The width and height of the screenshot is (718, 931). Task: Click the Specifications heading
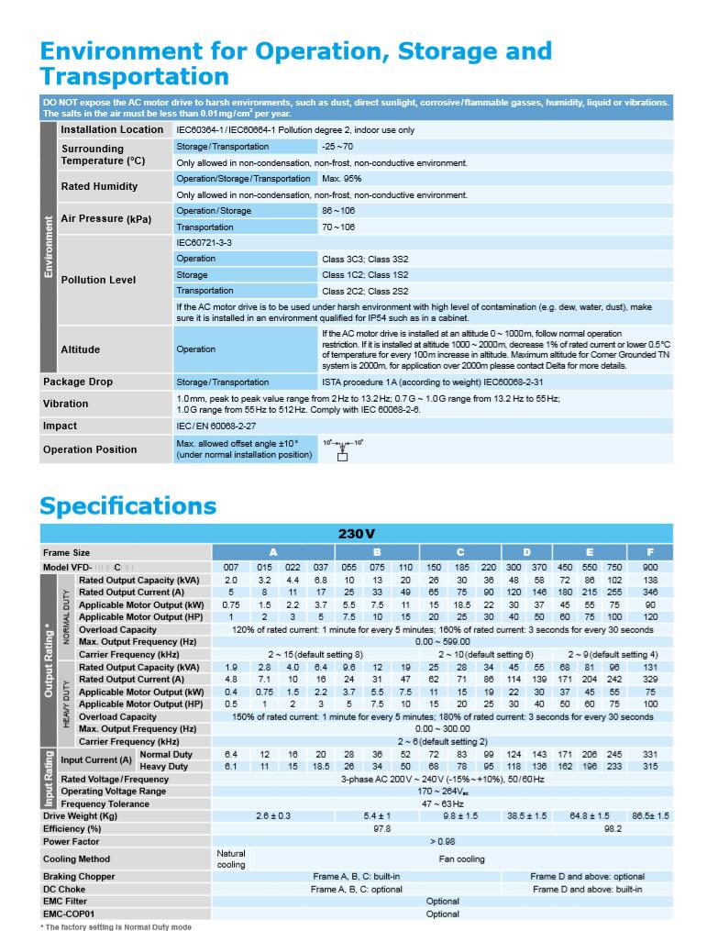(x=127, y=505)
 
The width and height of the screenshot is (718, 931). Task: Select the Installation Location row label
(x=112, y=130)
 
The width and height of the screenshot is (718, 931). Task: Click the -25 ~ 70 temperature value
(x=337, y=147)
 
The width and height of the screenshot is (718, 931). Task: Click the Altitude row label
(x=80, y=349)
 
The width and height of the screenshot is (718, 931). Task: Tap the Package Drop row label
(x=78, y=382)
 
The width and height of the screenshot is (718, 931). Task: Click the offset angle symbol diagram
(x=343, y=449)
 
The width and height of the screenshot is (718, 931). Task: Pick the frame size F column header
(x=650, y=553)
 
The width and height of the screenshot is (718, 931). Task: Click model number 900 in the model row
(x=650, y=568)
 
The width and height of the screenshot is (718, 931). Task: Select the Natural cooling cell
(x=231, y=859)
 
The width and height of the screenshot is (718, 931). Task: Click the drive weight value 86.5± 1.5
(x=650, y=815)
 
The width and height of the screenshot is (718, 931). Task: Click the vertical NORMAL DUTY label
(x=66, y=615)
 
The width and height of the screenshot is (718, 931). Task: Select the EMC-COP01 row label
(x=68, y=914)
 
